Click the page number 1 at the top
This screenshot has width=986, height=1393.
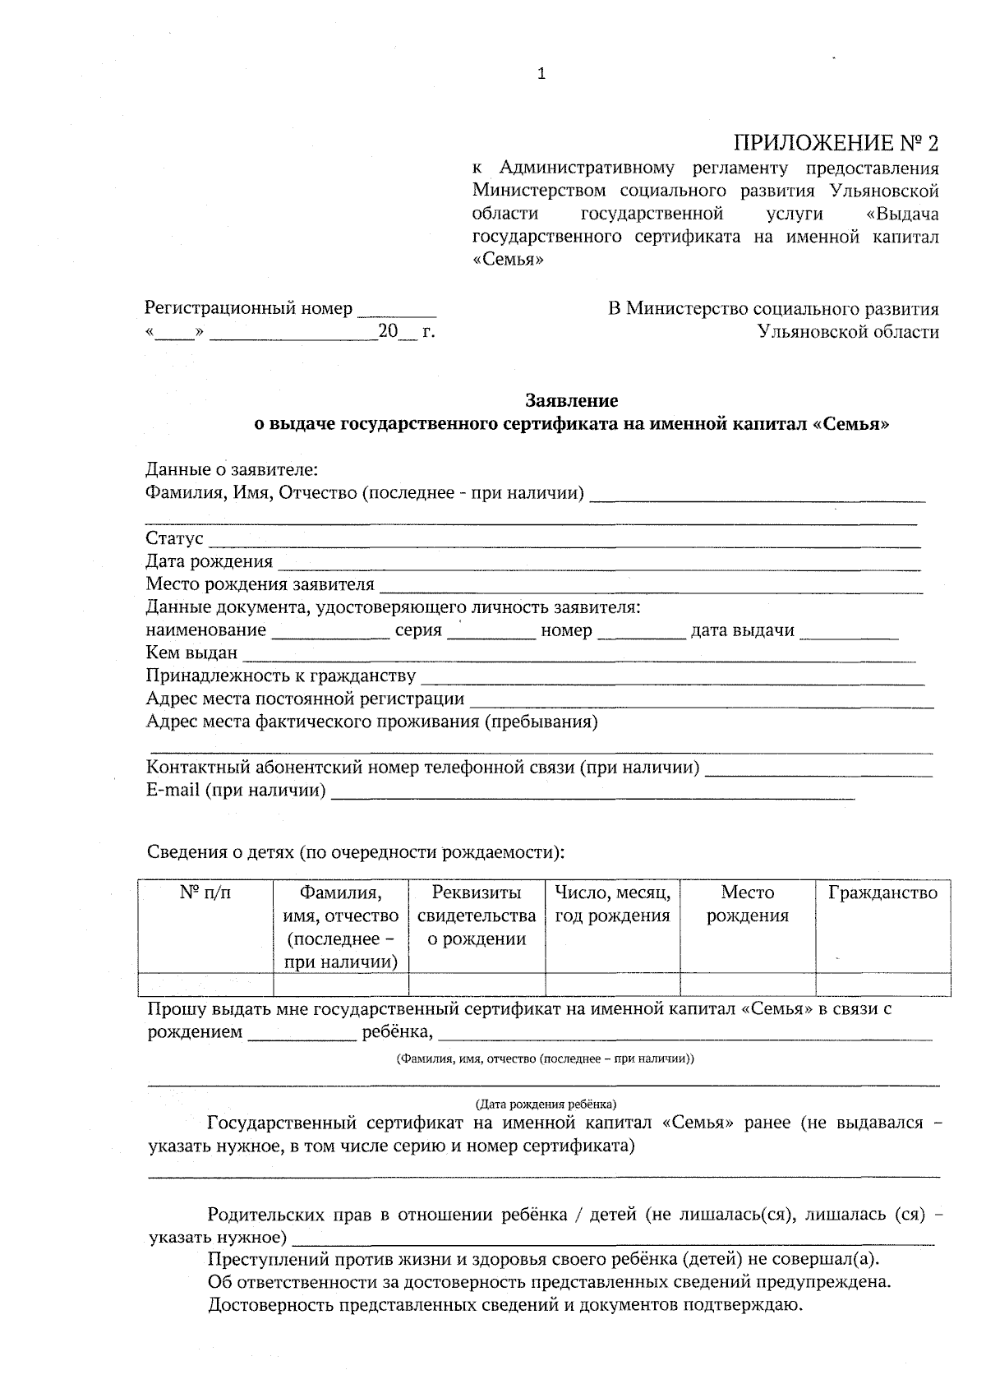click(541, 74)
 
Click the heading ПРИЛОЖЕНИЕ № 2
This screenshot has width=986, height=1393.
click(835, 143)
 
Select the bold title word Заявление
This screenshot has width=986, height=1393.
click(571, 401)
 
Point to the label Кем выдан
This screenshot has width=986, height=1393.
click(191, 653)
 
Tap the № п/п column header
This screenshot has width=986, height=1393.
click(205, 893)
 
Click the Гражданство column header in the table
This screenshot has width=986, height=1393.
click(882, 893)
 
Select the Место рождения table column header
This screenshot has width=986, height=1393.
click(747, 904)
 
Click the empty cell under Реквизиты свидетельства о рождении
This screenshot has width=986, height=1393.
click(477, 984)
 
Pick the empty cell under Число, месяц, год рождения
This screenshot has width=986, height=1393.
click(612, 984)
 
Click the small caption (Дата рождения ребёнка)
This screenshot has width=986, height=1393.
click(546, 1103)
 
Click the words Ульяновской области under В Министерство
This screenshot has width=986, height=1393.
click(848, 332)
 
